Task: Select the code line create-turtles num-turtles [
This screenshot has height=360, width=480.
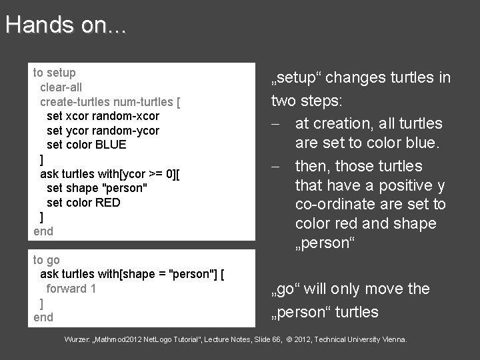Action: (110, 101)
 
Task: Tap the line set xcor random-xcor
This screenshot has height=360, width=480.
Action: (103, 116)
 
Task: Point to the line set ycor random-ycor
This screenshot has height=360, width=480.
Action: (103, 131)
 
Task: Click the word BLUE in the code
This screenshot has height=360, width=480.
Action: (110, 145)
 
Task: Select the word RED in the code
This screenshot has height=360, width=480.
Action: (108, 203)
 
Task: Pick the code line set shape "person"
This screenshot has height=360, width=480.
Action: (97, 188)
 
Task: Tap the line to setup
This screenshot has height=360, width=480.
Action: (55, 72)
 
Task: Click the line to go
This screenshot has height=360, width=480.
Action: (47, 260)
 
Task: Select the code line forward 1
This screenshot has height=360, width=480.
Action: (71, 289)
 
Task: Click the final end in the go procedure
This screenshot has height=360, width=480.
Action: (43, 317)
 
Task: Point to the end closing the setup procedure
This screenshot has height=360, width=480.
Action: (43, 231)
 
